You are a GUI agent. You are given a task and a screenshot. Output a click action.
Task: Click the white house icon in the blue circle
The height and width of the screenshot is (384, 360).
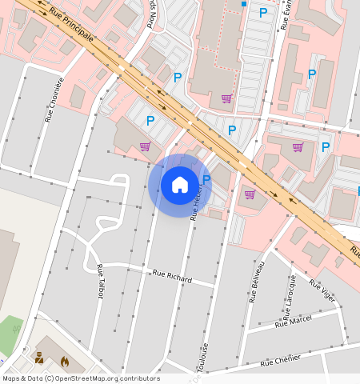pos(180,185)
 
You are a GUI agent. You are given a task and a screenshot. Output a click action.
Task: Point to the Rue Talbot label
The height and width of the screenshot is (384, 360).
pos(100,281)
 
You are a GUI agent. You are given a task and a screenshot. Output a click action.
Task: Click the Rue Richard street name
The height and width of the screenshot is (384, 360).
pos(173,277)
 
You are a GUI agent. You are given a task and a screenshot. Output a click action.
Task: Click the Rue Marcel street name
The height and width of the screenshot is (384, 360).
pos(293,321)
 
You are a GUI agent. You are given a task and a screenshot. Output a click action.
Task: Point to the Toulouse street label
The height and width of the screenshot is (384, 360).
pos(204,357)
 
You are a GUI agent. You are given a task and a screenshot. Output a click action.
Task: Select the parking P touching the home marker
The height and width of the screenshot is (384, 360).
pos(206,180)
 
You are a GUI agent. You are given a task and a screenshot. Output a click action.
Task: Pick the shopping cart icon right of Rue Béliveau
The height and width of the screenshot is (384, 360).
pos(298,147)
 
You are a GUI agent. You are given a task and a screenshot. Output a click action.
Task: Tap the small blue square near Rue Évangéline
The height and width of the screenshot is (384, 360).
pos(244,4)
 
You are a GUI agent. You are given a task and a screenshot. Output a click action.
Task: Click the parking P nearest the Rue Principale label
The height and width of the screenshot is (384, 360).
pos(178,78)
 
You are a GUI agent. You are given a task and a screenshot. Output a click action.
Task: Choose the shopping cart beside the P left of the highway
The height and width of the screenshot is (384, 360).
pos(145,146)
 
